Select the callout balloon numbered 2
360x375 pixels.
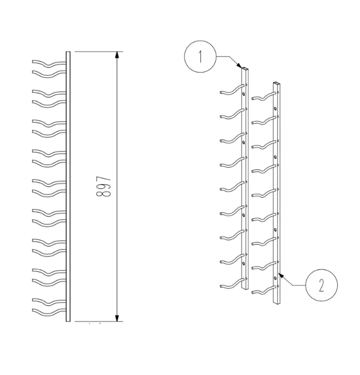[x=321, y=285]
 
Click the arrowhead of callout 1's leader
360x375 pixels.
[x=241, y=67]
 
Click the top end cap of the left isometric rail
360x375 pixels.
[x=245, y=70]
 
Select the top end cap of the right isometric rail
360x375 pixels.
[x=277, y=83]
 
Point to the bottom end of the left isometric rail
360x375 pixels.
[x=246, y=290]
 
